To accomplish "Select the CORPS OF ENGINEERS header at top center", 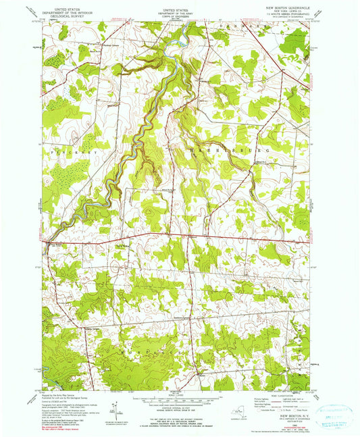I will click(x=175, y=18).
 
